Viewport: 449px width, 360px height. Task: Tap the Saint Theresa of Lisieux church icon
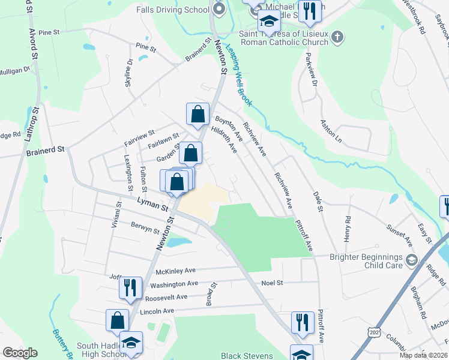click(337, 38)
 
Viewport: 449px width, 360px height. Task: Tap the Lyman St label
click(152, 205)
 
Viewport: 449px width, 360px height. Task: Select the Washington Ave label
click(174, 284)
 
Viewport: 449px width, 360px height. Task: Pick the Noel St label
click(271, 282)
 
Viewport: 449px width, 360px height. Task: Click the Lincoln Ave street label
click(157, 311)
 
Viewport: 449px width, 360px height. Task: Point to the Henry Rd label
click(348, 229)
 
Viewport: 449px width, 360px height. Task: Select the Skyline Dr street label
click(128, 73)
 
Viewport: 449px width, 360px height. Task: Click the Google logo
click(20, 352)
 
